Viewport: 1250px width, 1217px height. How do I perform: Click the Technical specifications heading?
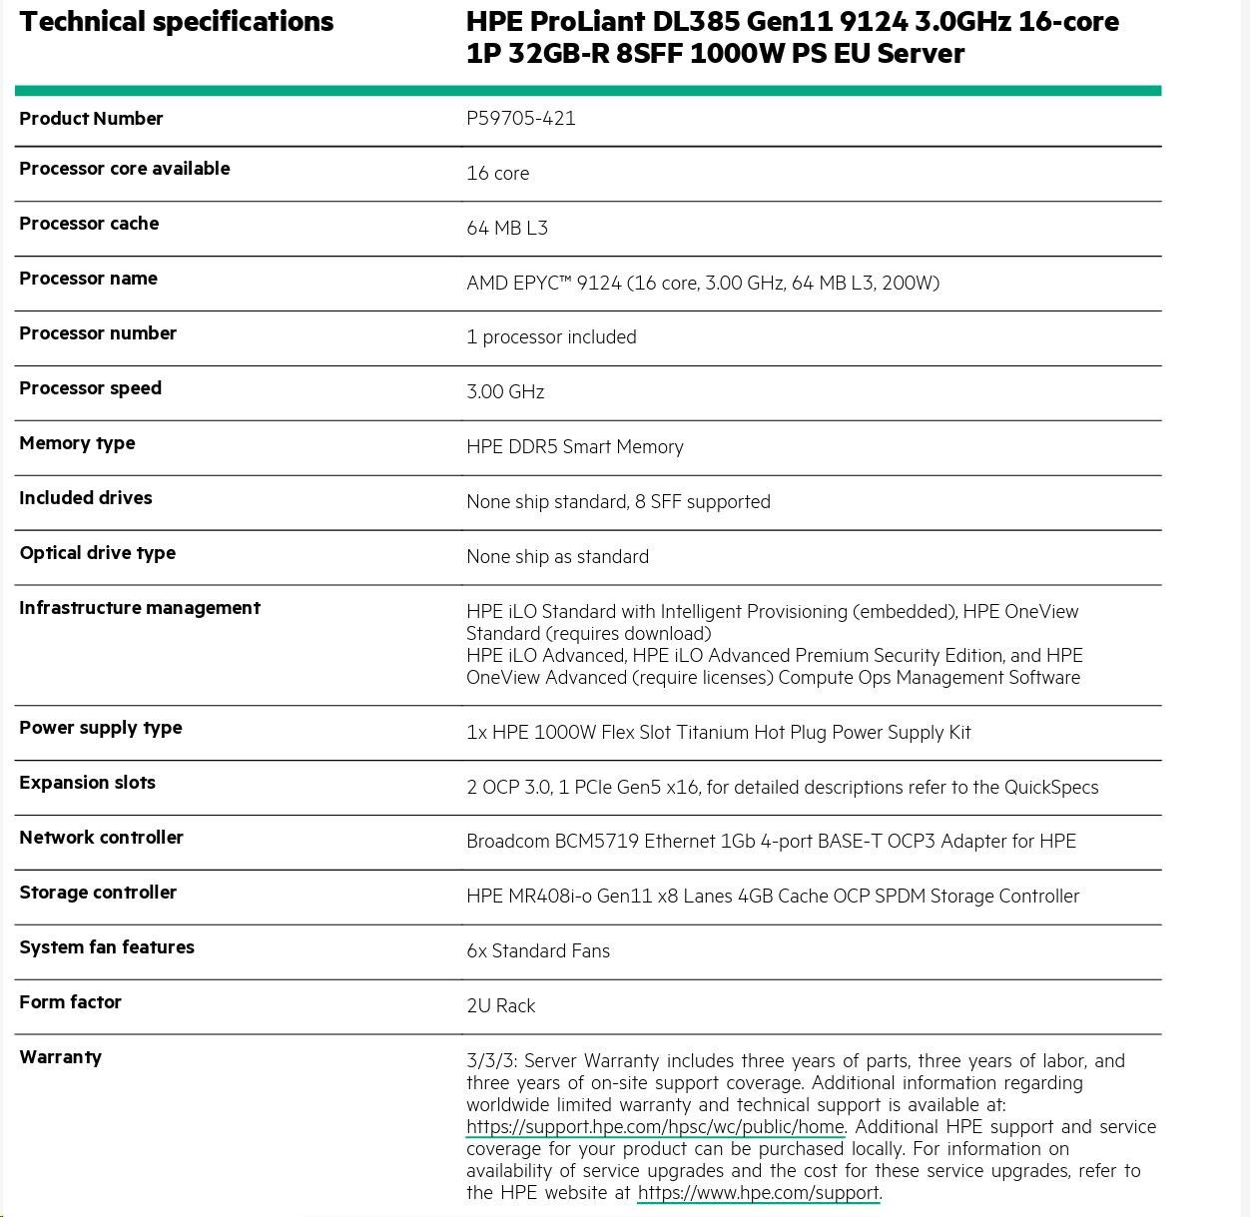point(177,22)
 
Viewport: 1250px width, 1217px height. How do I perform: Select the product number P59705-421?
point(520,118)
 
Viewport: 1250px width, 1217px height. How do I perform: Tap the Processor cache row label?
point(89,224)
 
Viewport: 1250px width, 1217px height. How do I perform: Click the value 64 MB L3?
point(506,228)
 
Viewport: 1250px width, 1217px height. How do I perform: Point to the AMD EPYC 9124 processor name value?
point(702,283)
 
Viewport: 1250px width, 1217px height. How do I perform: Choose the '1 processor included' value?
point(551,336)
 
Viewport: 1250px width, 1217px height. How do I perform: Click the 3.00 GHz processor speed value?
point(505,391)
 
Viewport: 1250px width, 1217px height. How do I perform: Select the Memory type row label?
point(77,443)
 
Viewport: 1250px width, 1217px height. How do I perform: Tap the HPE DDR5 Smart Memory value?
point(574,446)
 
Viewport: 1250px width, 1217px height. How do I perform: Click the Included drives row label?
point(86,498)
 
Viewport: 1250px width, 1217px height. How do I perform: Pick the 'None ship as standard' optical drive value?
point(557,556)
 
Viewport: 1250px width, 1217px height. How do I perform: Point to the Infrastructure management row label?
point(140,608)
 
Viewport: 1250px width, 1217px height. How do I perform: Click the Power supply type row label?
point(101,728)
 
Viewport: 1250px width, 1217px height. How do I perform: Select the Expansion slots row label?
point(87,783)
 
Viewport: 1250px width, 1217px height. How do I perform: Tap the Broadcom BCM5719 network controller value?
point(771,841)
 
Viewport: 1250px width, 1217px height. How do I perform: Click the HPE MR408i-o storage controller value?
point(772,896)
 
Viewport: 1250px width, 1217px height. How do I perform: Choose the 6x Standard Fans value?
point(537,950)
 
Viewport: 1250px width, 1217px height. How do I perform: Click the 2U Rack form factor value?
point(500,1005)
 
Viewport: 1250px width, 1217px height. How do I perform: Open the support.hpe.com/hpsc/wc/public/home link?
point(655,1126)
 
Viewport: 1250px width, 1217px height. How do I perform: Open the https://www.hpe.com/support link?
point(758,1192)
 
